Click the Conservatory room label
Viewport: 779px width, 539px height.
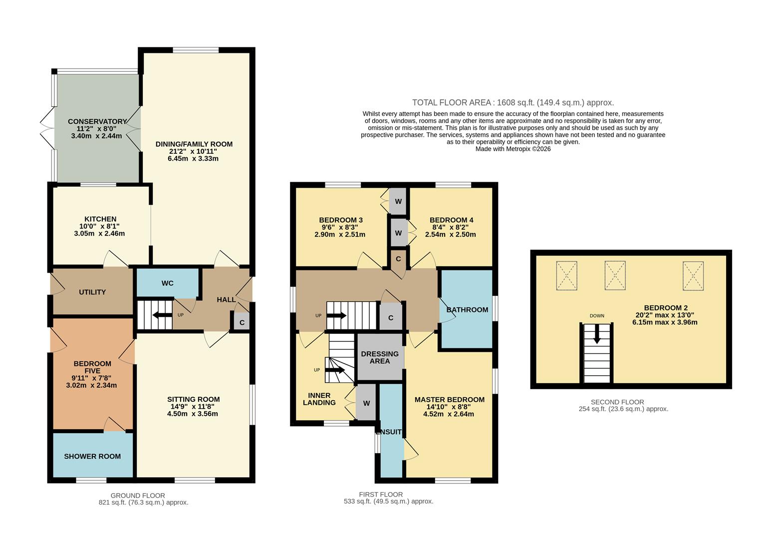[x=97, y=121]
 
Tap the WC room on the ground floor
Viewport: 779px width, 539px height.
[x=167, y=283]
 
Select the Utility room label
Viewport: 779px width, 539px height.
[x=92, y=292]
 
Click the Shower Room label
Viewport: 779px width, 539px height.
[x=92, y=456]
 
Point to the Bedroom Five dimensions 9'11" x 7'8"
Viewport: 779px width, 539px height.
[x=92, y=378]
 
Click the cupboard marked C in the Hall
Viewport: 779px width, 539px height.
[x=242, y=322]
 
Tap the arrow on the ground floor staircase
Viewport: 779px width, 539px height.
[x=162, y=315]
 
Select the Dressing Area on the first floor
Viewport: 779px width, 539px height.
[x=380, y=357]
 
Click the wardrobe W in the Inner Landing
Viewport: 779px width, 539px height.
[x=366, y=403]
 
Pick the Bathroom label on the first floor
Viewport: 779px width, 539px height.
[x=467, y=309]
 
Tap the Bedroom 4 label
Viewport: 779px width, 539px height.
[x=451, y=220]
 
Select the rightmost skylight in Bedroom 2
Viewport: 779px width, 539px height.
[x=693, y=275]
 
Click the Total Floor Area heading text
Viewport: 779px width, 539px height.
[x=513, y=103]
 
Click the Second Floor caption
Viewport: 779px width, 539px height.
[x=617, y=402]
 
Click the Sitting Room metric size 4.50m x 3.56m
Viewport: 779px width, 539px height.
[x=193, y=413]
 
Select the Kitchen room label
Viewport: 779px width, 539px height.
[x=100, y=219]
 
